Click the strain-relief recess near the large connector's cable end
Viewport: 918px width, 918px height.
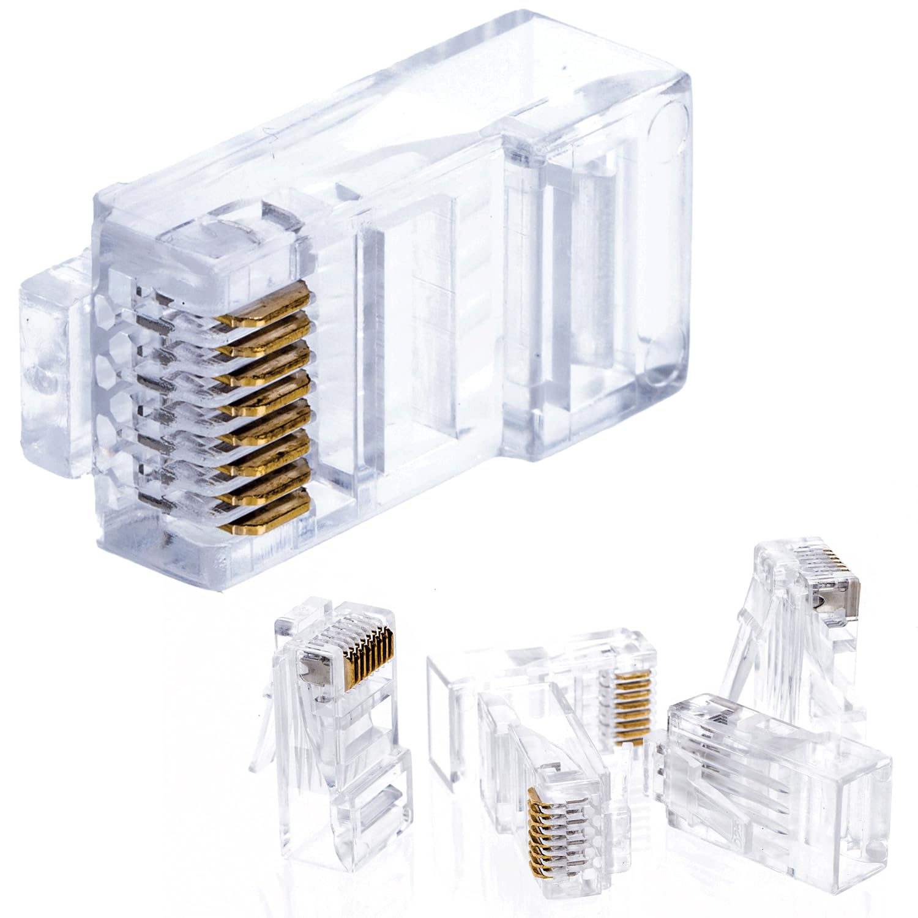[x=588, y=343]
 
